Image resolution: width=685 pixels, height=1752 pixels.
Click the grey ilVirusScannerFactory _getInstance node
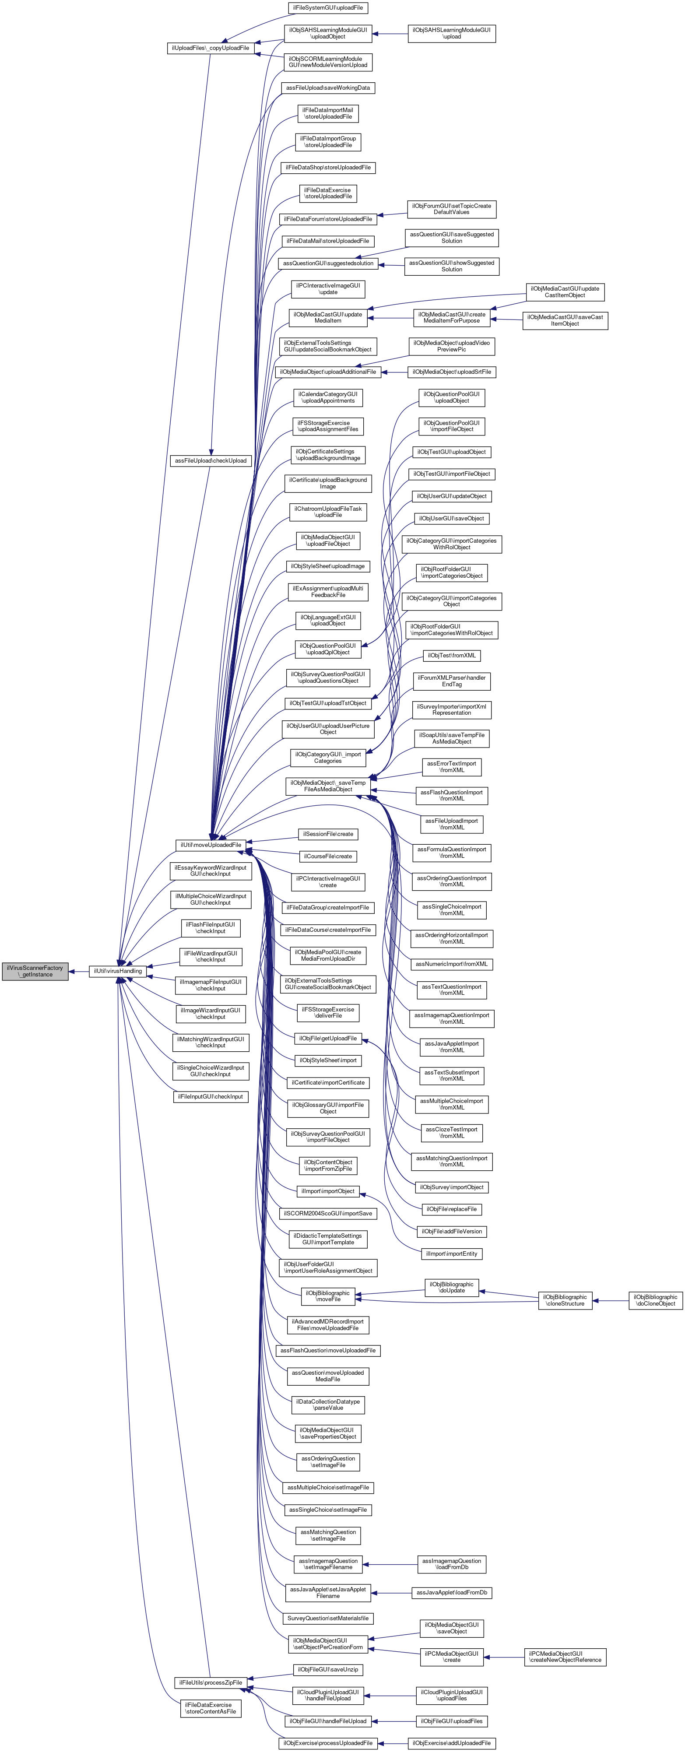click(x=35, y=971)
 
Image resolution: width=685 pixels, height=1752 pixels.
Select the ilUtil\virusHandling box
click(x=118, y=971)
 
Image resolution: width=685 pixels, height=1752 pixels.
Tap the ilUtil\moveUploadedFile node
click(x=210, y=845)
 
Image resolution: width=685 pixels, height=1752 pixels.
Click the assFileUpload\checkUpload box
click(x=210, y=460)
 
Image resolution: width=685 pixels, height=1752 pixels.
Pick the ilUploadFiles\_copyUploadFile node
click(x=210, y=48)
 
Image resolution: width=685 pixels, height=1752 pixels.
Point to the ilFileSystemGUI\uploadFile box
click(x=327, y=7)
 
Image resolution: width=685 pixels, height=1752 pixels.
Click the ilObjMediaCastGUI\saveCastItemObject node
click(x=565, y=320)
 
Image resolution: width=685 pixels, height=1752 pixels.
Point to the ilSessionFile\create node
click(x=328, y=834)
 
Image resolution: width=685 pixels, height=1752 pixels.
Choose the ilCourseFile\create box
click(x=328, y=856)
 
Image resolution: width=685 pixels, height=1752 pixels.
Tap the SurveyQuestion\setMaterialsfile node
click(x=328, y=1618)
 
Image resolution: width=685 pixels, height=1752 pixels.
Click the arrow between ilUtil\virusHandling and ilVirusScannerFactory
click(x=79, y=971)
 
